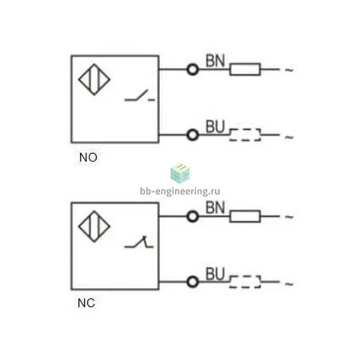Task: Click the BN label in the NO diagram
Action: click(215, 61)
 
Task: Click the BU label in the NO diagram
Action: click(215, 126)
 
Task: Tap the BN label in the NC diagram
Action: click(215, 207)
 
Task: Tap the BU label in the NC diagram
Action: click(215, 274)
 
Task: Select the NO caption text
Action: click(88, 158)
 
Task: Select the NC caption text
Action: click(86, 303)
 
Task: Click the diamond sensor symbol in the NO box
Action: click(94, 79)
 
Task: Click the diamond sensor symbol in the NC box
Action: click(94, 226)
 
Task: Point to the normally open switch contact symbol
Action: click(139, 96)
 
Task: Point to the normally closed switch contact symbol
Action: click(139, 242)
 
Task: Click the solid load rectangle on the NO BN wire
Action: click(245, 70)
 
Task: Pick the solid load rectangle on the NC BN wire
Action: click(245, 216)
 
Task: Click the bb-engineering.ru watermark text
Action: click(180, 191)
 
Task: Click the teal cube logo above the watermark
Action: click(180, 174)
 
